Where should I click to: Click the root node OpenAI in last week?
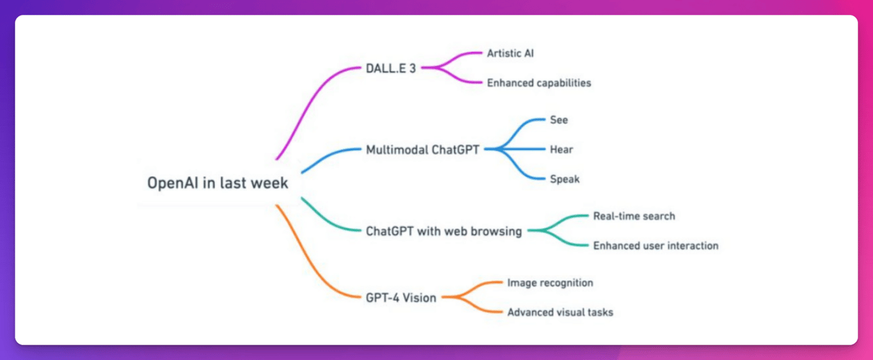click(218, 183)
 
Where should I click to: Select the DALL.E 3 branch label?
click(391, 68)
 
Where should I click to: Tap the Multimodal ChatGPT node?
click(422, 150)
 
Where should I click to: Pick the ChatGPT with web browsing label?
click(443, 231)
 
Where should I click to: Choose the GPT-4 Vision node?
click(401, 298)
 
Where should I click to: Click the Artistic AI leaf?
click(510, 53)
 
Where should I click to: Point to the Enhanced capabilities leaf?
click(539, 83)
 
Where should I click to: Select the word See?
click(559, 120)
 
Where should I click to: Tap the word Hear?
click(561, 150)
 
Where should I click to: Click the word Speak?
click(564, 180)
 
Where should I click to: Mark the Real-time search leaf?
click(634, 216)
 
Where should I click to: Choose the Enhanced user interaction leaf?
click(655, 246)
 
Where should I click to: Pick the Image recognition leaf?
click(550, 283)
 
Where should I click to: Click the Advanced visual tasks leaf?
click(560, 313)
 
